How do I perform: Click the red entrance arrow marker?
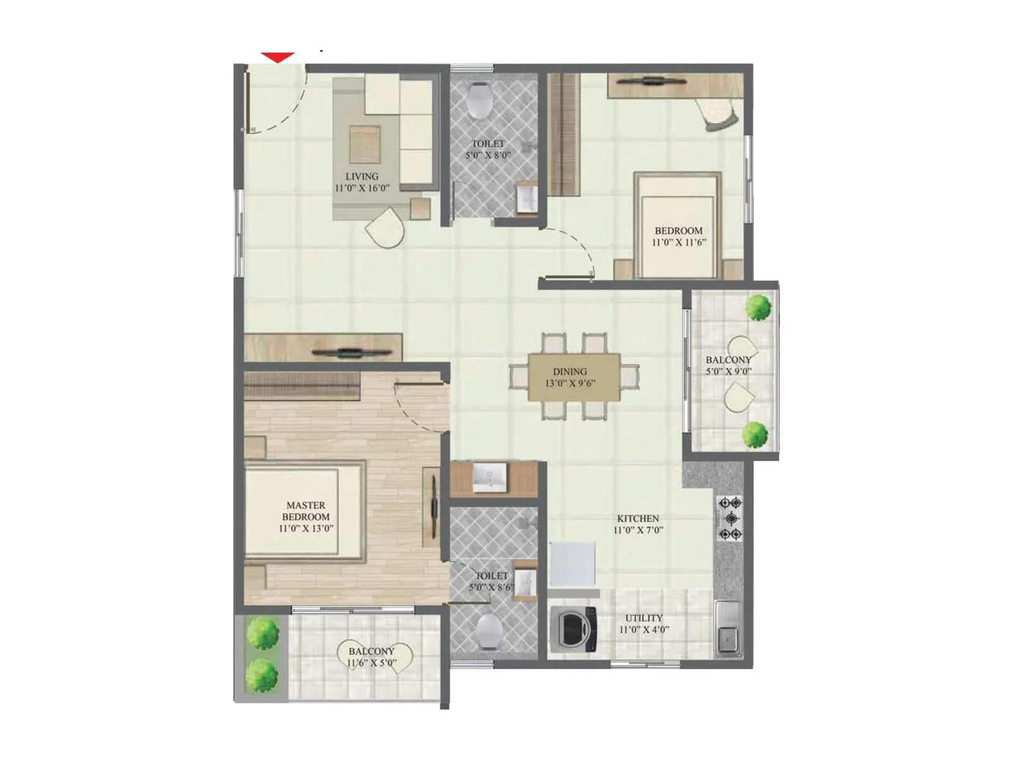click(x=278, y=57)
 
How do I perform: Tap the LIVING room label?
click(x=362, y=176)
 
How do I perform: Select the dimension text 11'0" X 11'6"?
click(x=679, y=242)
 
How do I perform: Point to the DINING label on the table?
click(x=570, y=372)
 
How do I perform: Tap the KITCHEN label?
click(x=638, y=519)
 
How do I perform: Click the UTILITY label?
click(x=644, y=618)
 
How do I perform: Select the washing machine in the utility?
click(x=574, y=629)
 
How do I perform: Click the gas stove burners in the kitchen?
click(x=731, y=519)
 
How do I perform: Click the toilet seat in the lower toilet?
click(x=490, y=631)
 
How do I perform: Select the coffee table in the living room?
click(x=364, y=144)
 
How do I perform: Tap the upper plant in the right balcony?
click(x=758, y=307)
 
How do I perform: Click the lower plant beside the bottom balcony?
click(x=262, y=676)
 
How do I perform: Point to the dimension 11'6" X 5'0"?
click(x=371, y=663)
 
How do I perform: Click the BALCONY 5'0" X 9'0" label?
click(x=729, y=365)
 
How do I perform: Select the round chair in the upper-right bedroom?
click(x=719, y=114)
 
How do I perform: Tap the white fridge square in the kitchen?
click(x=572, y=564)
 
